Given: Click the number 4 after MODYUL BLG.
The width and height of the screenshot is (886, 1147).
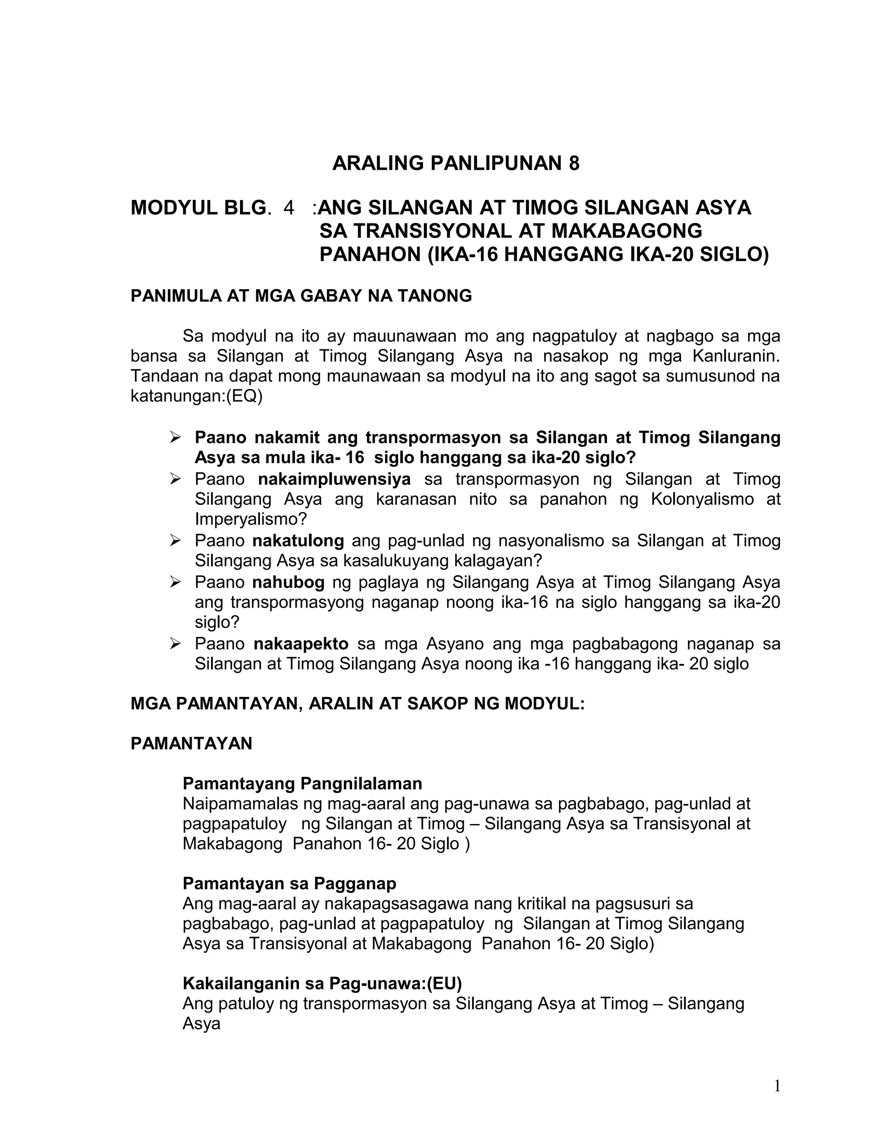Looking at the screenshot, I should (289, 208).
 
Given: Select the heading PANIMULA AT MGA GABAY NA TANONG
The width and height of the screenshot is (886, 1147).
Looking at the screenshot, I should (301, 296).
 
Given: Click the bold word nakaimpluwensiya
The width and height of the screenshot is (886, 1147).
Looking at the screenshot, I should (334, 479).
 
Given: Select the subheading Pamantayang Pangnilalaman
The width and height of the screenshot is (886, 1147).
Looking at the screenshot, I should (302, 783).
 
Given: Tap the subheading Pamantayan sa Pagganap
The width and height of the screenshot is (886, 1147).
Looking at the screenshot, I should (289, 883).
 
